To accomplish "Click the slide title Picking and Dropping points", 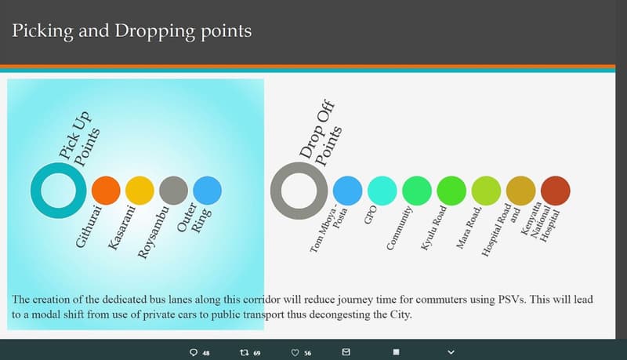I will tap(131, 32).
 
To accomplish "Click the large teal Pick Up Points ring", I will tap(58, 191).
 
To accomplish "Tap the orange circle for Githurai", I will tap(106, 191).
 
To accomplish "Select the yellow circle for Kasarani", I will tap(140, 191).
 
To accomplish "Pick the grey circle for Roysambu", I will tap(173, 191).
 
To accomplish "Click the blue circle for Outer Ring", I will tap(208, 191).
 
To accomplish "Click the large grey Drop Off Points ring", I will tap(299, 191).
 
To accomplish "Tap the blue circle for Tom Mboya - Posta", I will tap(347, 191).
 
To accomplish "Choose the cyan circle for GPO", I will tap(382, 191).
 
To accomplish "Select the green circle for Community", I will tap(416, 191).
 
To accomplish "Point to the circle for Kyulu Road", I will tap(451, 191).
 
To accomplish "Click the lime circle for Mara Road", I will tap(486, 191).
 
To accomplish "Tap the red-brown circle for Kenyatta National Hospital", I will tap(556, 191).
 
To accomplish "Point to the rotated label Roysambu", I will tap(154, 233).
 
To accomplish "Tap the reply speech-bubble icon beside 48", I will tap(194, 352).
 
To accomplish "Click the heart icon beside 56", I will tap(295, 352).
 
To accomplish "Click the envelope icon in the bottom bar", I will tap(346, 352).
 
